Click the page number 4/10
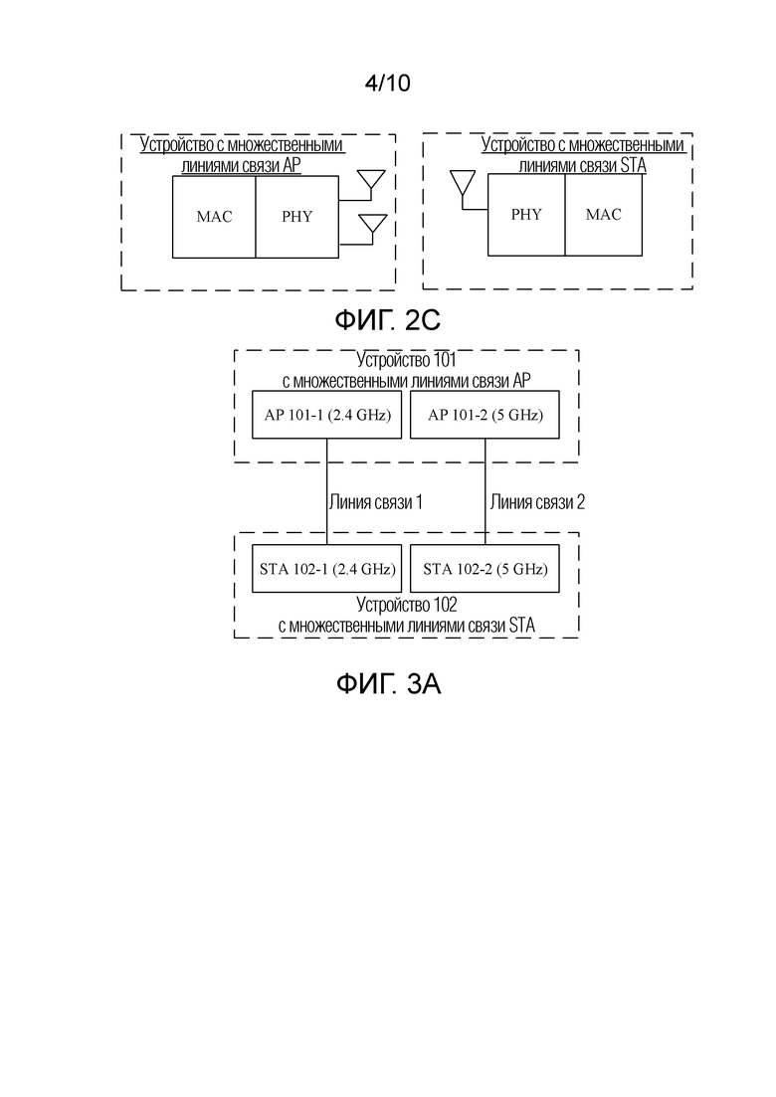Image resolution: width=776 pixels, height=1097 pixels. [x=388, y=84]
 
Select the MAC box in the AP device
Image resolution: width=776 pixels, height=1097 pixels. [x=214, y=217]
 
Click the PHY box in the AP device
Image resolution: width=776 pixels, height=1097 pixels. [x=297, y=217]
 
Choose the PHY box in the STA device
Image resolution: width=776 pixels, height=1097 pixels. [x=526, y=215]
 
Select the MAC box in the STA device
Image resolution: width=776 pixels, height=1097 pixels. [x=604, y=215]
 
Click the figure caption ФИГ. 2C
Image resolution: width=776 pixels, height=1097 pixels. [x=388, y=321]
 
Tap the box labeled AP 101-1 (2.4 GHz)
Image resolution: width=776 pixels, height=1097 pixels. [x=326, y=415]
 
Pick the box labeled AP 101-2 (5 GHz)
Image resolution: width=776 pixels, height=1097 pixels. [x=485, y=415]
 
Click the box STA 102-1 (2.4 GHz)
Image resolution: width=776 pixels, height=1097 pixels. [x=326, y=569]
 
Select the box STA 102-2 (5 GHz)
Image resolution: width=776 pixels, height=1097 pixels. [x=485, y=569]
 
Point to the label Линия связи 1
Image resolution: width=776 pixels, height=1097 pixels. [x=376, y=502]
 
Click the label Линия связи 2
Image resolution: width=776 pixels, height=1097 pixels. [x=537, y=502]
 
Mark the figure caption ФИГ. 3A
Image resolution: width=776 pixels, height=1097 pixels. [x=388, y=683]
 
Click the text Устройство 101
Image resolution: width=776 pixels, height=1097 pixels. [x=407, y=360]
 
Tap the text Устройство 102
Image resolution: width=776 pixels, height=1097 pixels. [x=407, y=605]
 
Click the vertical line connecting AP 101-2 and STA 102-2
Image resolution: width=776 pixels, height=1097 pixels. [x=485, y=492]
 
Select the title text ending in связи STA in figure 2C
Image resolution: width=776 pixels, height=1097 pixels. [x=582, y=155]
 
